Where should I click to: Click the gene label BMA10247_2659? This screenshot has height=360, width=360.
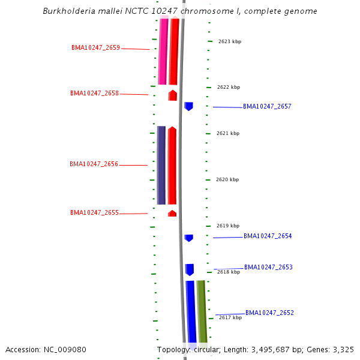coord(95,47)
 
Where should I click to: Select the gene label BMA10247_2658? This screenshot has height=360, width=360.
coord(94,93)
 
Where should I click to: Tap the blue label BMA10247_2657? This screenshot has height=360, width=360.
coord(267,106)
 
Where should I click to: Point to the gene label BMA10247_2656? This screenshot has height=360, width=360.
coord(94,164)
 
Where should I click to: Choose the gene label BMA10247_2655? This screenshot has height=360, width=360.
coord(94,212)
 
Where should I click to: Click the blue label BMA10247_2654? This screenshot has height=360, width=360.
coord(268,236)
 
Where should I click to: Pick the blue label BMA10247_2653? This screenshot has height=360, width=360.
coord(268,267)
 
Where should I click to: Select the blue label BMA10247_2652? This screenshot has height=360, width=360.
coord(269,313)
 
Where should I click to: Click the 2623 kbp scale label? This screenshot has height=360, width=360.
coord(229,41)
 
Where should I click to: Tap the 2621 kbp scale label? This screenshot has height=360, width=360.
coord(228,133)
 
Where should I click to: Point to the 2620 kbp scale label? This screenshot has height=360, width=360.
coord(227,179)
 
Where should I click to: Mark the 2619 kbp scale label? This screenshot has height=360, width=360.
coord(227,226)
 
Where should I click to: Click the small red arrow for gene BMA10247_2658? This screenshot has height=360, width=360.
coord(172,95)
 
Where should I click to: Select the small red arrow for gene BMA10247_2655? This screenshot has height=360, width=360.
coord(172,213)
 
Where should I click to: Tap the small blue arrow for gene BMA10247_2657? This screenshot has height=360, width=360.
coord(188,106)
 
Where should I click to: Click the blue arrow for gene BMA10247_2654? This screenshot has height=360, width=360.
coord(188,238)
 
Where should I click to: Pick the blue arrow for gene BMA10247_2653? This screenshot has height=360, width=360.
coord(190,269)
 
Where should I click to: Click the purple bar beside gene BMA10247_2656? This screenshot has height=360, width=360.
coord(161,165)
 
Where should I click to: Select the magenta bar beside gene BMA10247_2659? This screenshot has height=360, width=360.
coord(163,51)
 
